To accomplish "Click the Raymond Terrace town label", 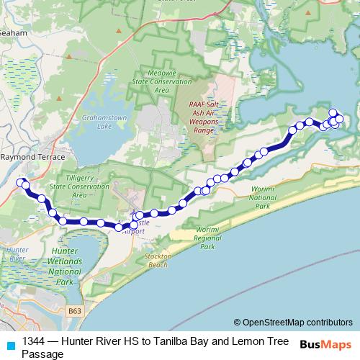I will point(33,156).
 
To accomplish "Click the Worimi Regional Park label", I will point(207,238).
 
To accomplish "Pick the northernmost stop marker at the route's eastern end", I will point(333,112).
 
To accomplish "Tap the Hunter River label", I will point(14,253).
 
